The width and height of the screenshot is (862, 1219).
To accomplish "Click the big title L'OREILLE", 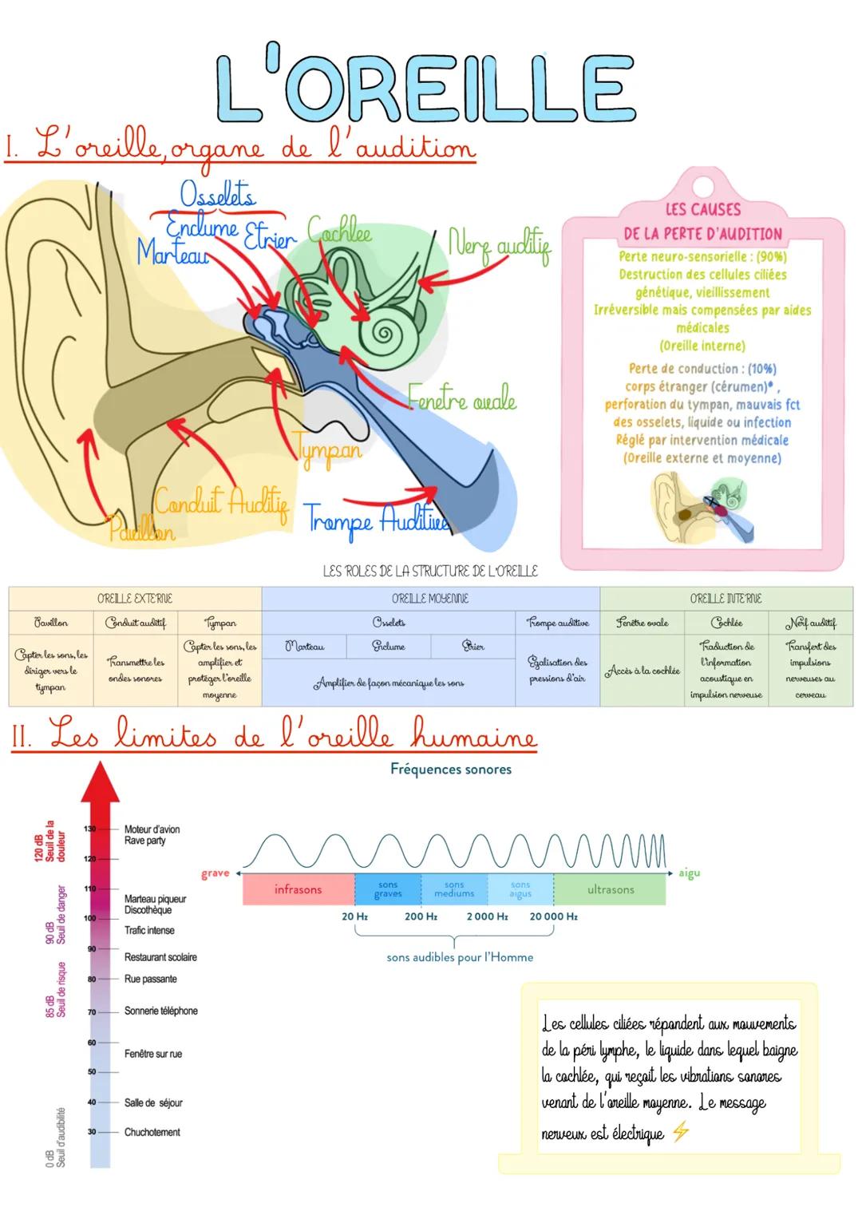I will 425,88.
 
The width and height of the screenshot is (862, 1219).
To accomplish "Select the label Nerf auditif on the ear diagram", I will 499,245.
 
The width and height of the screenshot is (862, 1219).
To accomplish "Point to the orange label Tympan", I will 329,449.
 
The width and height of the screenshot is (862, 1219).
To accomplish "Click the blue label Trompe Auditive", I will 376,519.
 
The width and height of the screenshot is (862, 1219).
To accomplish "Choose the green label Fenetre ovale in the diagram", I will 462,398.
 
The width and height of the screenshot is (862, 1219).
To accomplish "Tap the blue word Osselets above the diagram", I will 217,195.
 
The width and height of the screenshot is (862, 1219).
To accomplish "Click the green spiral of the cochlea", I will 382,329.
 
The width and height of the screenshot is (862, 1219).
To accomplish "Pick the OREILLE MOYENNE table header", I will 430,599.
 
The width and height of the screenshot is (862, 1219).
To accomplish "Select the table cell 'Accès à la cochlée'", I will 642,671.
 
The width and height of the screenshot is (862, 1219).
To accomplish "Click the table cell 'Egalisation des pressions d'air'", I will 557,671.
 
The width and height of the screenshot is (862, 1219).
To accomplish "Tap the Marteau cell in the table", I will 304,647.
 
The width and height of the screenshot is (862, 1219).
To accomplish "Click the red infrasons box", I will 298,889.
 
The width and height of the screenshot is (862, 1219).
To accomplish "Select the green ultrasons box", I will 610,889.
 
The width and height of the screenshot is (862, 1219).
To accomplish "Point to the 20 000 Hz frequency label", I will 553,916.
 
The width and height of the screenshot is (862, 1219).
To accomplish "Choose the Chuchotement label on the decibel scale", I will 152,1132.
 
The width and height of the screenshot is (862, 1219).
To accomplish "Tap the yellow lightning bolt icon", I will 680,1132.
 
